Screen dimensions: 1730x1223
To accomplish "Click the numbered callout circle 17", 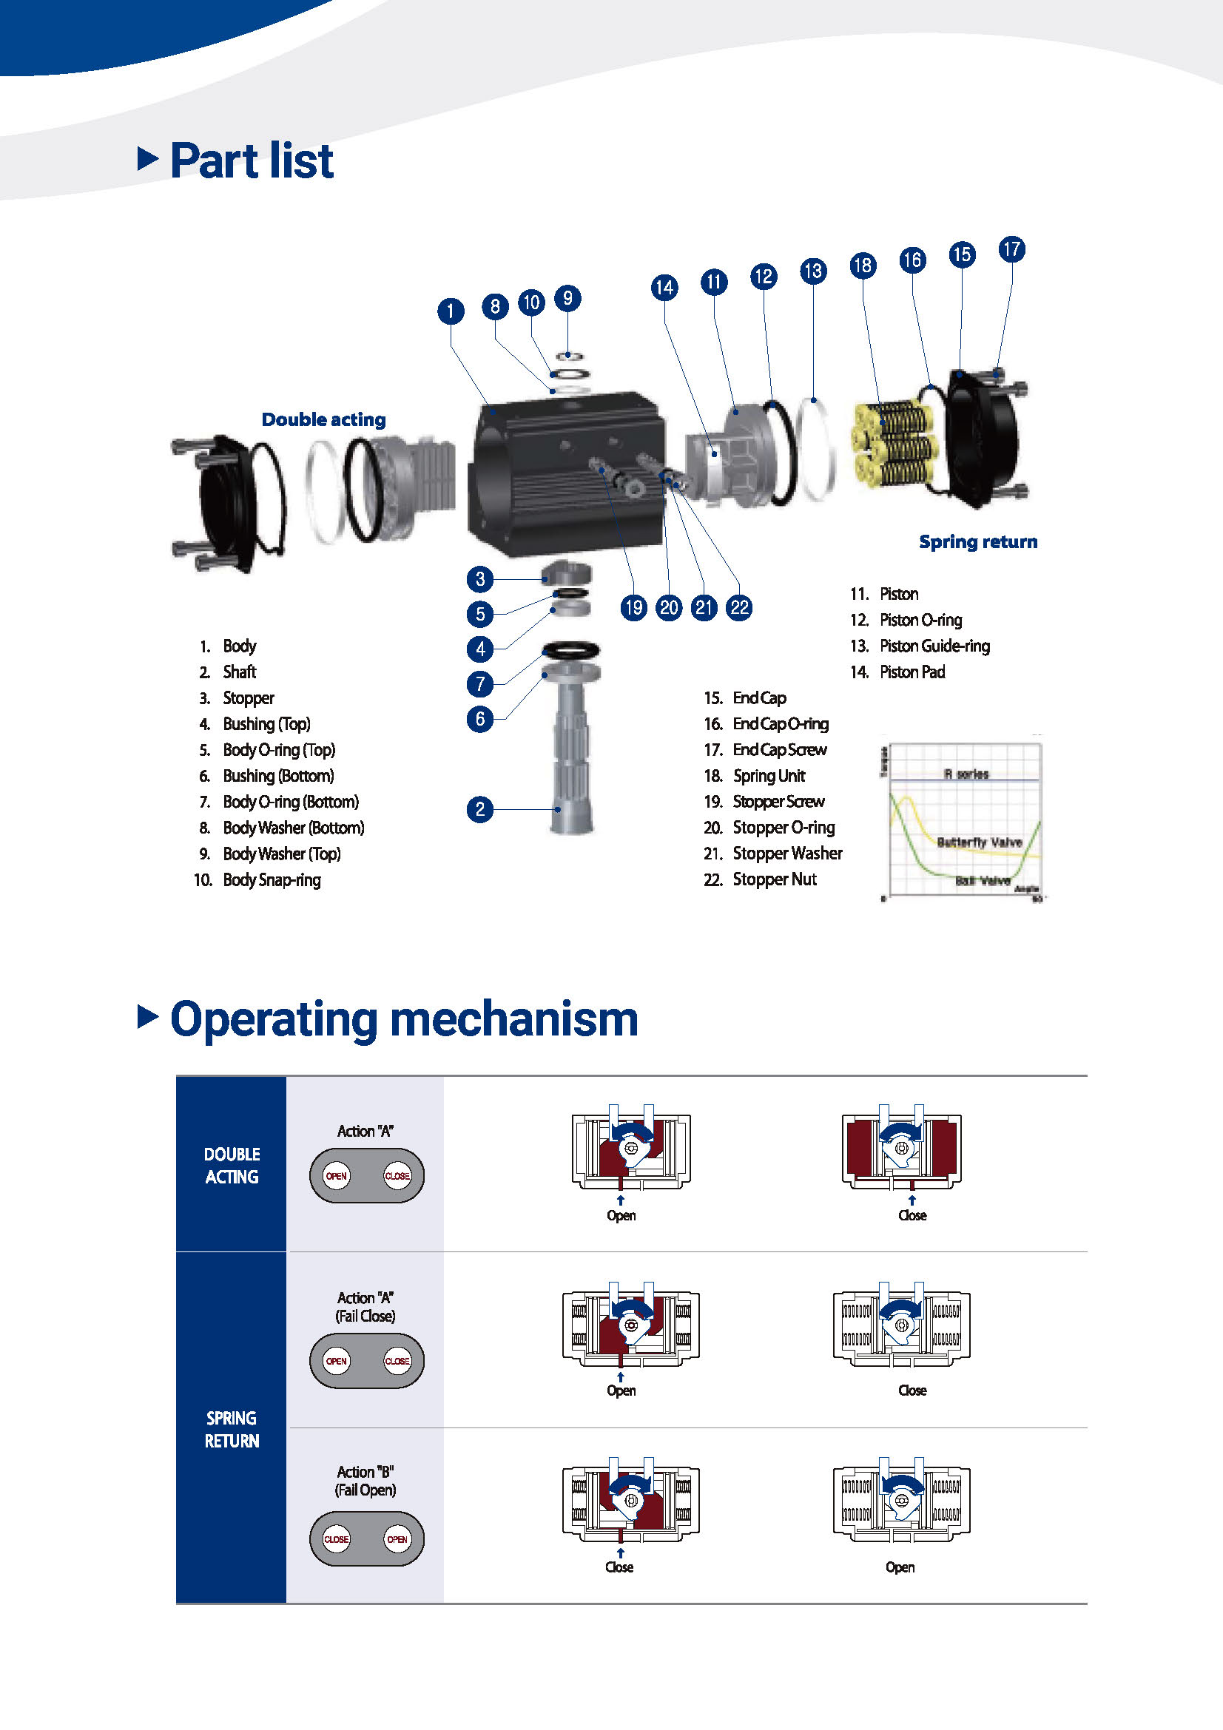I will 1011,249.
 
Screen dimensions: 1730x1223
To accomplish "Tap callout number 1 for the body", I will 451,311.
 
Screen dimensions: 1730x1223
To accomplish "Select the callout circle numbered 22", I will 739,607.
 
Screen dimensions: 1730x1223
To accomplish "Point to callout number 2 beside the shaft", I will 480,809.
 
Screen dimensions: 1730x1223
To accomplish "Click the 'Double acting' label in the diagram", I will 323,419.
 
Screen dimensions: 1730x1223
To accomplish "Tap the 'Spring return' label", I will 977,541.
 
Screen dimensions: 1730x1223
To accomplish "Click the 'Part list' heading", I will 252,161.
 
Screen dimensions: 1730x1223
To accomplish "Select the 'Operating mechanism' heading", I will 404,1018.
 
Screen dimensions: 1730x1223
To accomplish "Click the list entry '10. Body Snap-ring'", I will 257,879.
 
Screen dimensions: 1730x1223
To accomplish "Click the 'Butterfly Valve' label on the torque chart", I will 979,842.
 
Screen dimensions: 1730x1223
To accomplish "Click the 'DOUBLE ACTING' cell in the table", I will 232,1165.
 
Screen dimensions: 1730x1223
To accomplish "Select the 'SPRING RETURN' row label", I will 232,1429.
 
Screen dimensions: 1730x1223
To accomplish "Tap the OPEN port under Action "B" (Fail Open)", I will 397,1538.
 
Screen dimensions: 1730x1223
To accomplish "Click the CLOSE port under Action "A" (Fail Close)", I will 397,1361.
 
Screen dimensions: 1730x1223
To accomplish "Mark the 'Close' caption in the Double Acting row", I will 912,1215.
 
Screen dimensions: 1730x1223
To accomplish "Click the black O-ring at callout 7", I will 571,649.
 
